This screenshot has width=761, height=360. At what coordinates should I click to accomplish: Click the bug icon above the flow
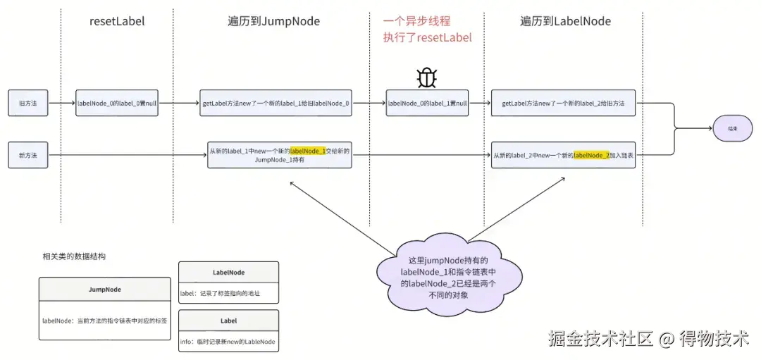point(427,78)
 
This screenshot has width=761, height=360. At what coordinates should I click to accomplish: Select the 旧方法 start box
point(28,104)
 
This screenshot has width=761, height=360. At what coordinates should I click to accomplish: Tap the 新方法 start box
point(28,155)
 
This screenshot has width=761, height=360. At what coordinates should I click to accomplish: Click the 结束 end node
point(734,129)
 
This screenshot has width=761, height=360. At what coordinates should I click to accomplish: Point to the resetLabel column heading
point(117,21)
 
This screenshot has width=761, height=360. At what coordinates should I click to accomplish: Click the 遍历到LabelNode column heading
point(565,21)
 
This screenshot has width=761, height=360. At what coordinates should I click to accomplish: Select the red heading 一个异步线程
point(416,21)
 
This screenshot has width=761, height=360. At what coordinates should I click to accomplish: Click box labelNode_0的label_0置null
point(117,104)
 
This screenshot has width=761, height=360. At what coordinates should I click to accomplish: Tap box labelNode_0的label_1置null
point(427,104)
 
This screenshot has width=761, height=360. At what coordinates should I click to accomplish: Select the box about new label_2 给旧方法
point(564,104)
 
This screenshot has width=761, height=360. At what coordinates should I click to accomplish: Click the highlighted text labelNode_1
point(308,151)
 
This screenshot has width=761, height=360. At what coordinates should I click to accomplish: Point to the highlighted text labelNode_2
point(591,155)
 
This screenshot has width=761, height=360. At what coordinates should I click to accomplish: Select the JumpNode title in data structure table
point(104,289)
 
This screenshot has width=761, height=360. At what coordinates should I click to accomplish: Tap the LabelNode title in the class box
point(228,272)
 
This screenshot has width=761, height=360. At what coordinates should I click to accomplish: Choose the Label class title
point(228,321)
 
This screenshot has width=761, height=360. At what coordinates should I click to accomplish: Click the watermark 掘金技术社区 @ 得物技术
point(648,338)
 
